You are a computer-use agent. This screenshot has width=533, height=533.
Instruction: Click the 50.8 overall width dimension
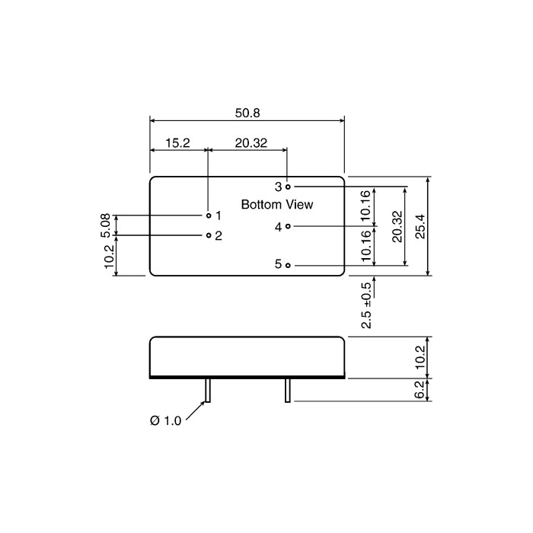point(247,113)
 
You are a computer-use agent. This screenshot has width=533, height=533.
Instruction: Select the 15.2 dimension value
point(177,143)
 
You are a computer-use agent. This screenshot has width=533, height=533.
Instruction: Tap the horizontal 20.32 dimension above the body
point(251,143)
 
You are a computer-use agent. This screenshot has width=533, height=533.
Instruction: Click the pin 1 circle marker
point(209,215)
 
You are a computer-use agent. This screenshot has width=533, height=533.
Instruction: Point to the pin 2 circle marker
point(209,235)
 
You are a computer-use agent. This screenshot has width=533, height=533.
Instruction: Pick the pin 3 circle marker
point(288,187)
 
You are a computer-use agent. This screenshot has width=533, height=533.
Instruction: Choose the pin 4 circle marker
point(288,226)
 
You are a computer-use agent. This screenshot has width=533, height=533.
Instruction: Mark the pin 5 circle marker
point(288,265)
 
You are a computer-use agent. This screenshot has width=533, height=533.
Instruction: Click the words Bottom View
point(277,205)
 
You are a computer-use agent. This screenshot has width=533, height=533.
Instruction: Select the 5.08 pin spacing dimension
point(106,225)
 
